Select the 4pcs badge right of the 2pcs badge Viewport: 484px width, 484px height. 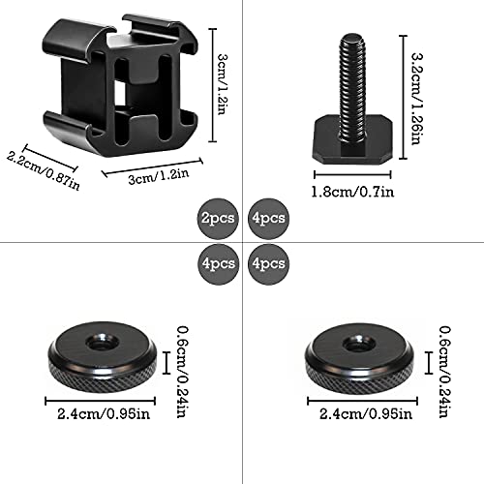click(266, 218)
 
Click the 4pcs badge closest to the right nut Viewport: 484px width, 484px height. click(266, 262)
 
